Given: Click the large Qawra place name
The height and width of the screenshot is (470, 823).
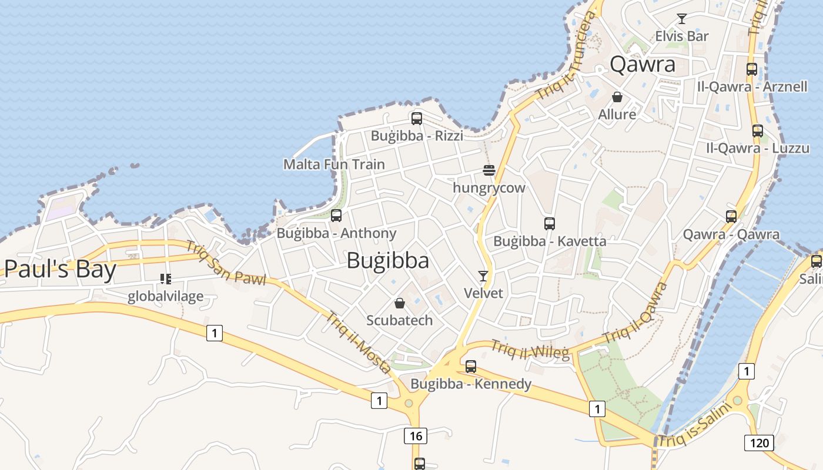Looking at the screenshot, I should click(643, 64).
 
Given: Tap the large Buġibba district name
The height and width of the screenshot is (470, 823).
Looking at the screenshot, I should click(387, 260).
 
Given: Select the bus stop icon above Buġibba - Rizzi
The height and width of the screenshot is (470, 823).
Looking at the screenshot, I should click(417, 118).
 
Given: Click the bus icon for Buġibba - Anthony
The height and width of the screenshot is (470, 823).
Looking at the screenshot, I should click(336, 216).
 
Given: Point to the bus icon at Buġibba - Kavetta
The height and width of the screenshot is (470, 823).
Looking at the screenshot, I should click(550, 223).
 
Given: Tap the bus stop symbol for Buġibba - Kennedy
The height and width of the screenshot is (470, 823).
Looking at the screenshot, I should click(471, 367).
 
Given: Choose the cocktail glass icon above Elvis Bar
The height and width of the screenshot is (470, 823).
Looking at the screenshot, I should click(682, 19).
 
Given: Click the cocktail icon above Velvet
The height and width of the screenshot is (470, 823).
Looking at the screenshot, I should click(483, 276).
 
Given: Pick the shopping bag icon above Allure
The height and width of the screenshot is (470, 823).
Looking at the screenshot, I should click(617, 97).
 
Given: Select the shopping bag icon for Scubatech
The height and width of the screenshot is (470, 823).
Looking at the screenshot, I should click(400, 303).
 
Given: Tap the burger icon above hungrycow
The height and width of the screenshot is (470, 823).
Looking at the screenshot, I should click(489, 170).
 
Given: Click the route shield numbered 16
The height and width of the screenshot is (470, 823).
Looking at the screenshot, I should click(415, 436).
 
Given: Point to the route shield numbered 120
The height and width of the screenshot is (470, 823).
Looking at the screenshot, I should click(759, 442).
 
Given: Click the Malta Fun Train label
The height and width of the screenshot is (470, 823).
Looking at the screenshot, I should click(334, 164).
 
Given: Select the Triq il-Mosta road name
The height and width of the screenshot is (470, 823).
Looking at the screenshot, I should click(359, 342).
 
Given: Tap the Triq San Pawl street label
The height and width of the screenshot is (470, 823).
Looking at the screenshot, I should click(226, 263).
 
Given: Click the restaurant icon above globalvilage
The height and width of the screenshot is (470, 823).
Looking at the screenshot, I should click(166, 279).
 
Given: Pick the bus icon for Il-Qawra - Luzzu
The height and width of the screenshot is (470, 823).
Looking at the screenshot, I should click(758, 130).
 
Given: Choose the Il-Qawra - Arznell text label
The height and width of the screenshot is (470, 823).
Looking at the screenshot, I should click(752, 87).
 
